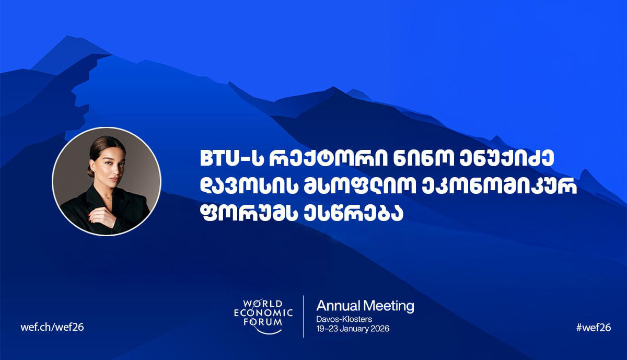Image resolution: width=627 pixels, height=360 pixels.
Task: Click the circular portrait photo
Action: pyautogui.click(x=107, y=181)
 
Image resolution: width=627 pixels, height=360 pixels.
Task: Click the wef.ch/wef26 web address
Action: pyautogui.click(x=52, y=327)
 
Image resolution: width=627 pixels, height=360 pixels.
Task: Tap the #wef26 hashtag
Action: pyautogui.click(x=593, y=327)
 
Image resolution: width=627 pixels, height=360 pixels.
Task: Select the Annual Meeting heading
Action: pyautogui.click(x=365, y=306)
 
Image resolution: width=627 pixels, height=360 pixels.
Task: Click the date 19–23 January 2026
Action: pyautogui.click(x=353, y=329)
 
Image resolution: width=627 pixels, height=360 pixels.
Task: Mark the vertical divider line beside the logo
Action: pyautogui.click(x=304, y=316)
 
